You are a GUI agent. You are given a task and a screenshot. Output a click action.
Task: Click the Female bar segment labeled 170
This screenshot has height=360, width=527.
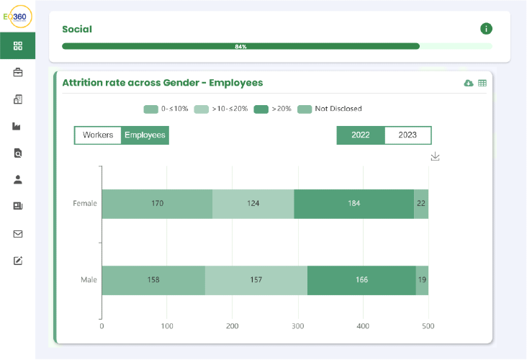pos(157,204)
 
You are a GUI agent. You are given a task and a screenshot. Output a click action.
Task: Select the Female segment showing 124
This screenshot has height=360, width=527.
pos(253,204)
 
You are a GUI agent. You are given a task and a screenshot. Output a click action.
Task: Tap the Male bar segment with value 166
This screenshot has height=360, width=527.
pos(361,280)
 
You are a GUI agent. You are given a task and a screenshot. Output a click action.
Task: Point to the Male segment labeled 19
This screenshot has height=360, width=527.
pos(422,280)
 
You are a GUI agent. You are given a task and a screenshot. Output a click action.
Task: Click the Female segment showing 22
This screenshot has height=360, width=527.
pos(421,204)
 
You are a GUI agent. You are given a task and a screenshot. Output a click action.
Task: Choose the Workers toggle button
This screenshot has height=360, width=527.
pos(98,135)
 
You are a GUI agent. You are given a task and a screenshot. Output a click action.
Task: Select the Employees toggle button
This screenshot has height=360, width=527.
pos(145,135)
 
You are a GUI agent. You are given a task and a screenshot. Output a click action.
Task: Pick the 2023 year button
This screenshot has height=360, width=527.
pos(407,135)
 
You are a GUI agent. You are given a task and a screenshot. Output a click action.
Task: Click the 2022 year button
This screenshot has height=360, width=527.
pos(361,135)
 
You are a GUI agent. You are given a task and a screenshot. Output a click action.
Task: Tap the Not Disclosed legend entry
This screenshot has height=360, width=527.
pos(330,109)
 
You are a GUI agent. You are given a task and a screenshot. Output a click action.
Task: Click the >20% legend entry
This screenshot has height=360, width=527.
pos(273,109)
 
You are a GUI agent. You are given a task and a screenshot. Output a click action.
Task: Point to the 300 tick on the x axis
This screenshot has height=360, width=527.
pos(298,326)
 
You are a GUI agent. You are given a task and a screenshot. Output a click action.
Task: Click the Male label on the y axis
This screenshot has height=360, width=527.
pos(89,280)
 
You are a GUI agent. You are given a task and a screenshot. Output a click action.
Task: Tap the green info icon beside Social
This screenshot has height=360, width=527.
pos(486,29)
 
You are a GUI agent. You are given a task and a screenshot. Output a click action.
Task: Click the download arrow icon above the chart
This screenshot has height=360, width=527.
pos(436,156)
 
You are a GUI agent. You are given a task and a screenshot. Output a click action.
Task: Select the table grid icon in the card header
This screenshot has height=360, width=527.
pos(482,83)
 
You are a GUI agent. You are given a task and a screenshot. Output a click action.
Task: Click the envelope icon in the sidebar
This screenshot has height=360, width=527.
pos(18,234)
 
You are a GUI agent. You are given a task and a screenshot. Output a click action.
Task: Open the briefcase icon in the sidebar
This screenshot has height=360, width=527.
pos(18,72)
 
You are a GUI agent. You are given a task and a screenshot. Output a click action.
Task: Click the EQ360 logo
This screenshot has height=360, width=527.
pos(18,17)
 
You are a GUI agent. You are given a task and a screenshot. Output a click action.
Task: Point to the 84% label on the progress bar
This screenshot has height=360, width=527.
pos(240,47)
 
